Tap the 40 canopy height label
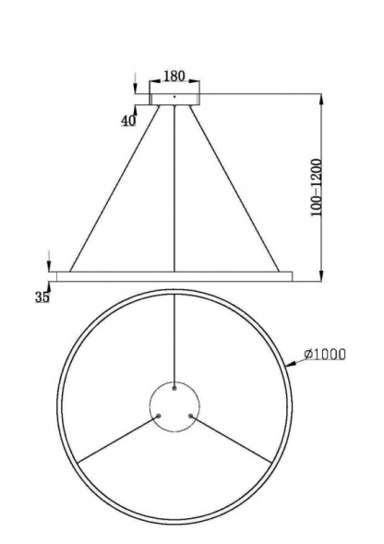pos(127,120)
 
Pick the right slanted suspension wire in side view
pos(235,185)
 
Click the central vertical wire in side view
pos(174,185)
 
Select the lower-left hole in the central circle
pos(159,416)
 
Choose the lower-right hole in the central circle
pos(190,416)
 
